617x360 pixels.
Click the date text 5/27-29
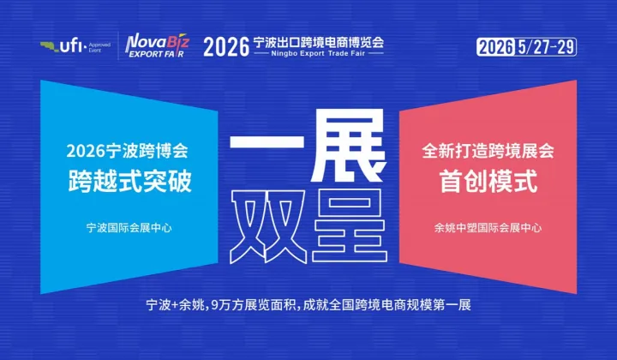[544, 45]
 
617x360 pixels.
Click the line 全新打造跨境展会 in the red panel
[488, 151]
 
